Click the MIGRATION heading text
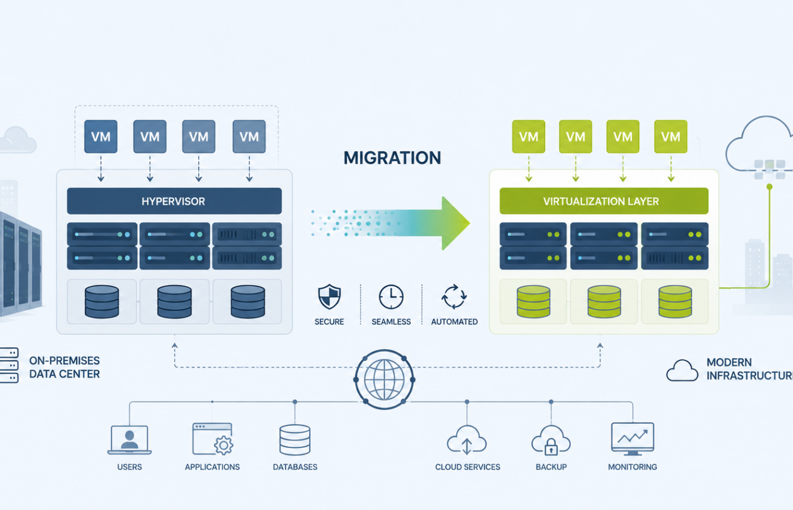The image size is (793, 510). tap(392, 158)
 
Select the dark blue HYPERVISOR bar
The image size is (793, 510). tap(174, 201)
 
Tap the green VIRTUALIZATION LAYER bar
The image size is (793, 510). tap(604, 201)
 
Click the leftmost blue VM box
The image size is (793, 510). tap(101, 137)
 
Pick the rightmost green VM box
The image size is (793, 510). tap(671, 137)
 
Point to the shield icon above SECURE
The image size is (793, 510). tap(329, 296)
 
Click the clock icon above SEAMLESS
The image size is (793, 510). tap(391, 297)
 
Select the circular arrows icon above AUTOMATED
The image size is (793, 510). tap(454, 297)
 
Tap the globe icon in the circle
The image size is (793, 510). tap(385, 380)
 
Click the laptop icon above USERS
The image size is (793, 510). tap(130, 440)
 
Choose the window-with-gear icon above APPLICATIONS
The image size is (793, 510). tap(212, 439)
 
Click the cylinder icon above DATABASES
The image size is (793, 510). tap(295, 440)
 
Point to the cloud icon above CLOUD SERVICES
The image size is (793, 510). tap(467, 440)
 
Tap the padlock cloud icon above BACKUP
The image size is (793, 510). tap(551, 440)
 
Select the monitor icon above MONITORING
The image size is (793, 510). tap(633, 439)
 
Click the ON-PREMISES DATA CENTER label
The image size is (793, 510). tap(65, 367)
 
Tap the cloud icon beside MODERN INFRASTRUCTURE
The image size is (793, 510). tap(682, 371)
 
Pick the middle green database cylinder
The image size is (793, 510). tap(604, 301)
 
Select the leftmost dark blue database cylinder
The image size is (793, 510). tap(102, 301)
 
